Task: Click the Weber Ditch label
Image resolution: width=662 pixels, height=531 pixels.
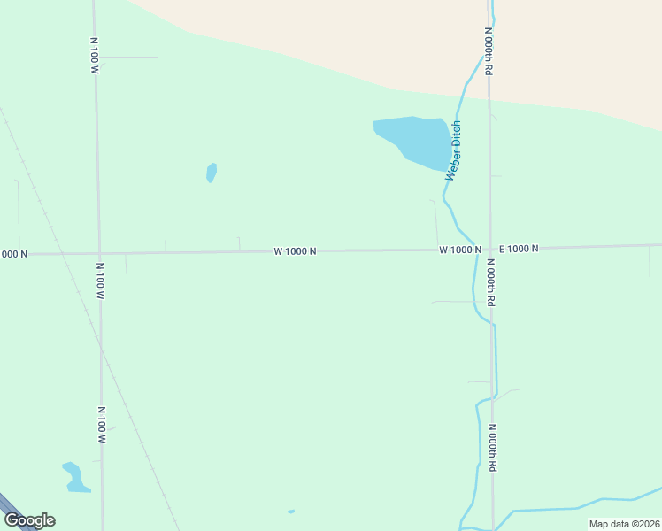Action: [454, 150]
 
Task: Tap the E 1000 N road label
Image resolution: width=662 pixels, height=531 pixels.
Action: [519, 249]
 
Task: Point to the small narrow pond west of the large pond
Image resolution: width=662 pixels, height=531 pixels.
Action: [212, 172]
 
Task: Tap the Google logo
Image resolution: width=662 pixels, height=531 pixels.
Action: [29, 520]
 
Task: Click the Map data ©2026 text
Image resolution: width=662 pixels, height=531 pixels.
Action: [623, 524]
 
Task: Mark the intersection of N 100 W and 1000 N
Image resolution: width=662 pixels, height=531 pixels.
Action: [98, 253]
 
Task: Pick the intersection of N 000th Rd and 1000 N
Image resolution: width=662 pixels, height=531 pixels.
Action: [489, 249]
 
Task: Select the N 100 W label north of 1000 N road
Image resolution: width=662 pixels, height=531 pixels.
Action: [94, 55]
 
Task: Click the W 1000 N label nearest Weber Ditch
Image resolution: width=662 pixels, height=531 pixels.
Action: [460, 250]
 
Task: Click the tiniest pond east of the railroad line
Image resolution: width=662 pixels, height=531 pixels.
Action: [291, 512]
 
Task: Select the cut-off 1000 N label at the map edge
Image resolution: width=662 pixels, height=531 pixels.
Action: [13, 254]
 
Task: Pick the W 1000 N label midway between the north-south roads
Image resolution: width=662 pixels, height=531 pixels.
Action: [295, 251]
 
